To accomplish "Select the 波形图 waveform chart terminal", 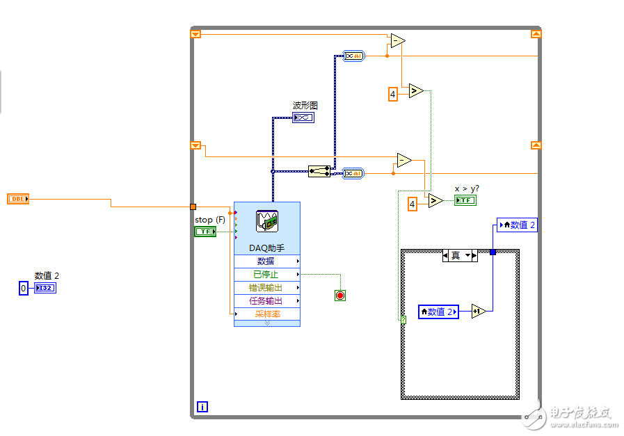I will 303,118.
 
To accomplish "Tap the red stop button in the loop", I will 340,296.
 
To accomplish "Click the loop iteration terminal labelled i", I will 202,407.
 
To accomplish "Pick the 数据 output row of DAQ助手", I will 266,261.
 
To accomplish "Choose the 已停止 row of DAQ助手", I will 266,275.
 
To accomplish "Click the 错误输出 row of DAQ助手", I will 266,288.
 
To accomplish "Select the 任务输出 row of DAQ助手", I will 266,301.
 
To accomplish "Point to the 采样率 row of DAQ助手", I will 266,314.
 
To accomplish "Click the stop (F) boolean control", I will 205,232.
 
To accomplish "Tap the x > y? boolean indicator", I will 465,200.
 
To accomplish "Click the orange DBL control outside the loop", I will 17,199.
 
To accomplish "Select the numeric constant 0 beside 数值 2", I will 24,288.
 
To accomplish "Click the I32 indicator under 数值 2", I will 45,288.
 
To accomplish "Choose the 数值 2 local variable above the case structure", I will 518,225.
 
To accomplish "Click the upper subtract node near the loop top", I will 397,41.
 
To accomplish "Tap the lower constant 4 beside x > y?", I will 413,204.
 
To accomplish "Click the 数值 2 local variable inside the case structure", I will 438,312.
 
